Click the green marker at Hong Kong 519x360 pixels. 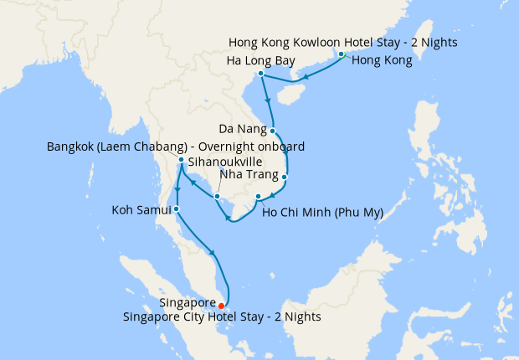click(x=342, y=55)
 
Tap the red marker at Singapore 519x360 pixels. click(x=221, y=306)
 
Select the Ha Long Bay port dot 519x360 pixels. click(x=261, y=74)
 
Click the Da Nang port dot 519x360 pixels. click(x=273, y=131)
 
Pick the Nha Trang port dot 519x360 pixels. click(x=285, y=177)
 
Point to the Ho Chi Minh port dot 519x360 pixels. click(x=258, y=197)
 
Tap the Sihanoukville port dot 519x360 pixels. click(x=217, y=197)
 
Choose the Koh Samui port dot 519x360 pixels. click(x=176, y=208)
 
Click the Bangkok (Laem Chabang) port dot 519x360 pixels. click(x=181, y=159)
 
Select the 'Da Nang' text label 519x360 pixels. click(x=243, y=130)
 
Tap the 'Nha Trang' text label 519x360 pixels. click(x=243, y=176)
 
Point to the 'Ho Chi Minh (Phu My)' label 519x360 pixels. click(x=322, y=213)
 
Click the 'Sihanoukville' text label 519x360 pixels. click(x=225, y=161)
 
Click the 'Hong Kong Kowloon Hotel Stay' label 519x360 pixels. click(x=343, y=42)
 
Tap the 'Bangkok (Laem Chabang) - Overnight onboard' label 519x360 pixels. click(x=175, y=147)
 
